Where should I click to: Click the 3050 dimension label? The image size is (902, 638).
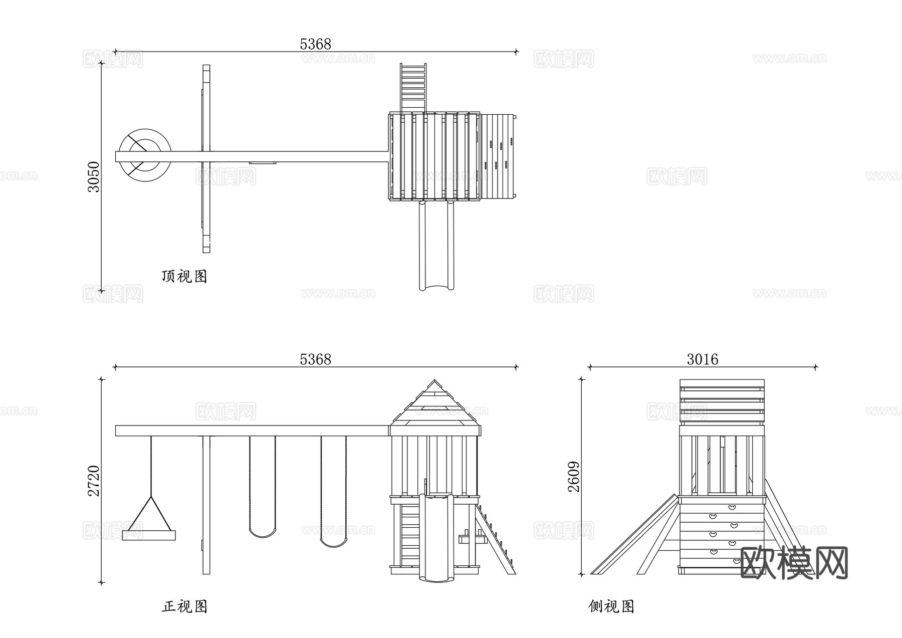pos(94,176)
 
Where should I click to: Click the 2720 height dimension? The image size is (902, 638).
pos(94,481)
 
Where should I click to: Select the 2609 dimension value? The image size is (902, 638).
pos(574,477)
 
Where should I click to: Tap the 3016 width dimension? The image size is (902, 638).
pos(702,359)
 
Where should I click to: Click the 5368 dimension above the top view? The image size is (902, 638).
pos(315,44)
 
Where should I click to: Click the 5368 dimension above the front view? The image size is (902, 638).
pos(315,359)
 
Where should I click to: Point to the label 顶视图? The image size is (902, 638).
pos(184,276)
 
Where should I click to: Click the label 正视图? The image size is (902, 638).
pos(184,606)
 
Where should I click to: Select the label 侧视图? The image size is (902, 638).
pos(611,606)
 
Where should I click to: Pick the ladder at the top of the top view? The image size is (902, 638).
pos(413,88)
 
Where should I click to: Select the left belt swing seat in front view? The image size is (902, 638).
pos(263,532)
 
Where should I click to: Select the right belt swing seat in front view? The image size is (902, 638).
pos(333,542)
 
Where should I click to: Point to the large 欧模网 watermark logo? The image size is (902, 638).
pos(793,563)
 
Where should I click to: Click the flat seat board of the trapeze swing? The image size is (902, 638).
pos(149,536)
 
